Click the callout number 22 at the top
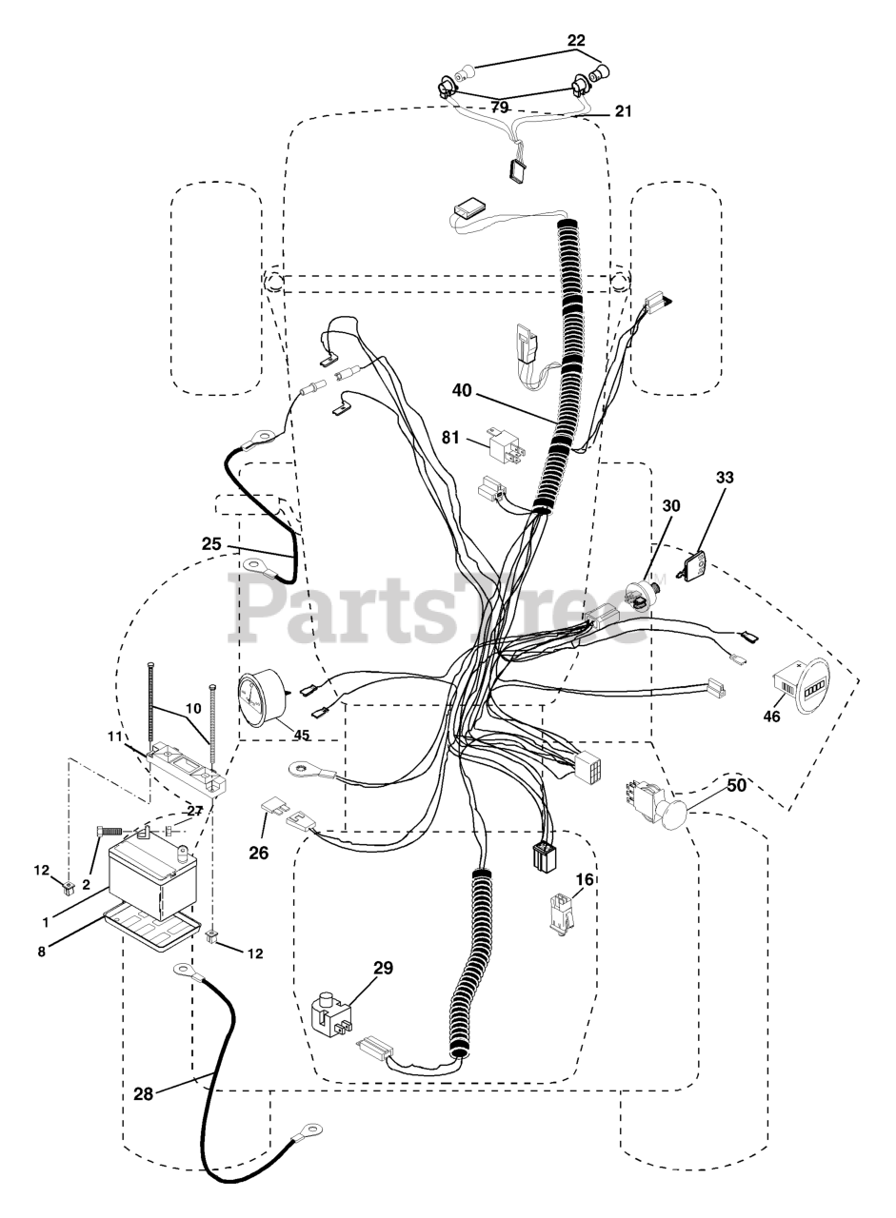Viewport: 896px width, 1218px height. (x=576, y=40)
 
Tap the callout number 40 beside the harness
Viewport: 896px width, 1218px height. (x=462, y=390)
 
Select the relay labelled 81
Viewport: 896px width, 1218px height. (x=506, y=448)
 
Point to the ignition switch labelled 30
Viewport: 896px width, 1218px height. (x=642, y=596)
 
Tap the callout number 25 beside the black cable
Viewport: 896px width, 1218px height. (x=211, y=543)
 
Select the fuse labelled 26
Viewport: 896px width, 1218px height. (x=271, y=810)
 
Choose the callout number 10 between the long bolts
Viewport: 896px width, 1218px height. (x=193, y=708)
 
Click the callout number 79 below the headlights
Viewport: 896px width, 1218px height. (x=499, y=108)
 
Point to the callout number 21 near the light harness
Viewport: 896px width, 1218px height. (x=624, y=111)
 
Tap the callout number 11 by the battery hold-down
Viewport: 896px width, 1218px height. (x=115, y=737)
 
